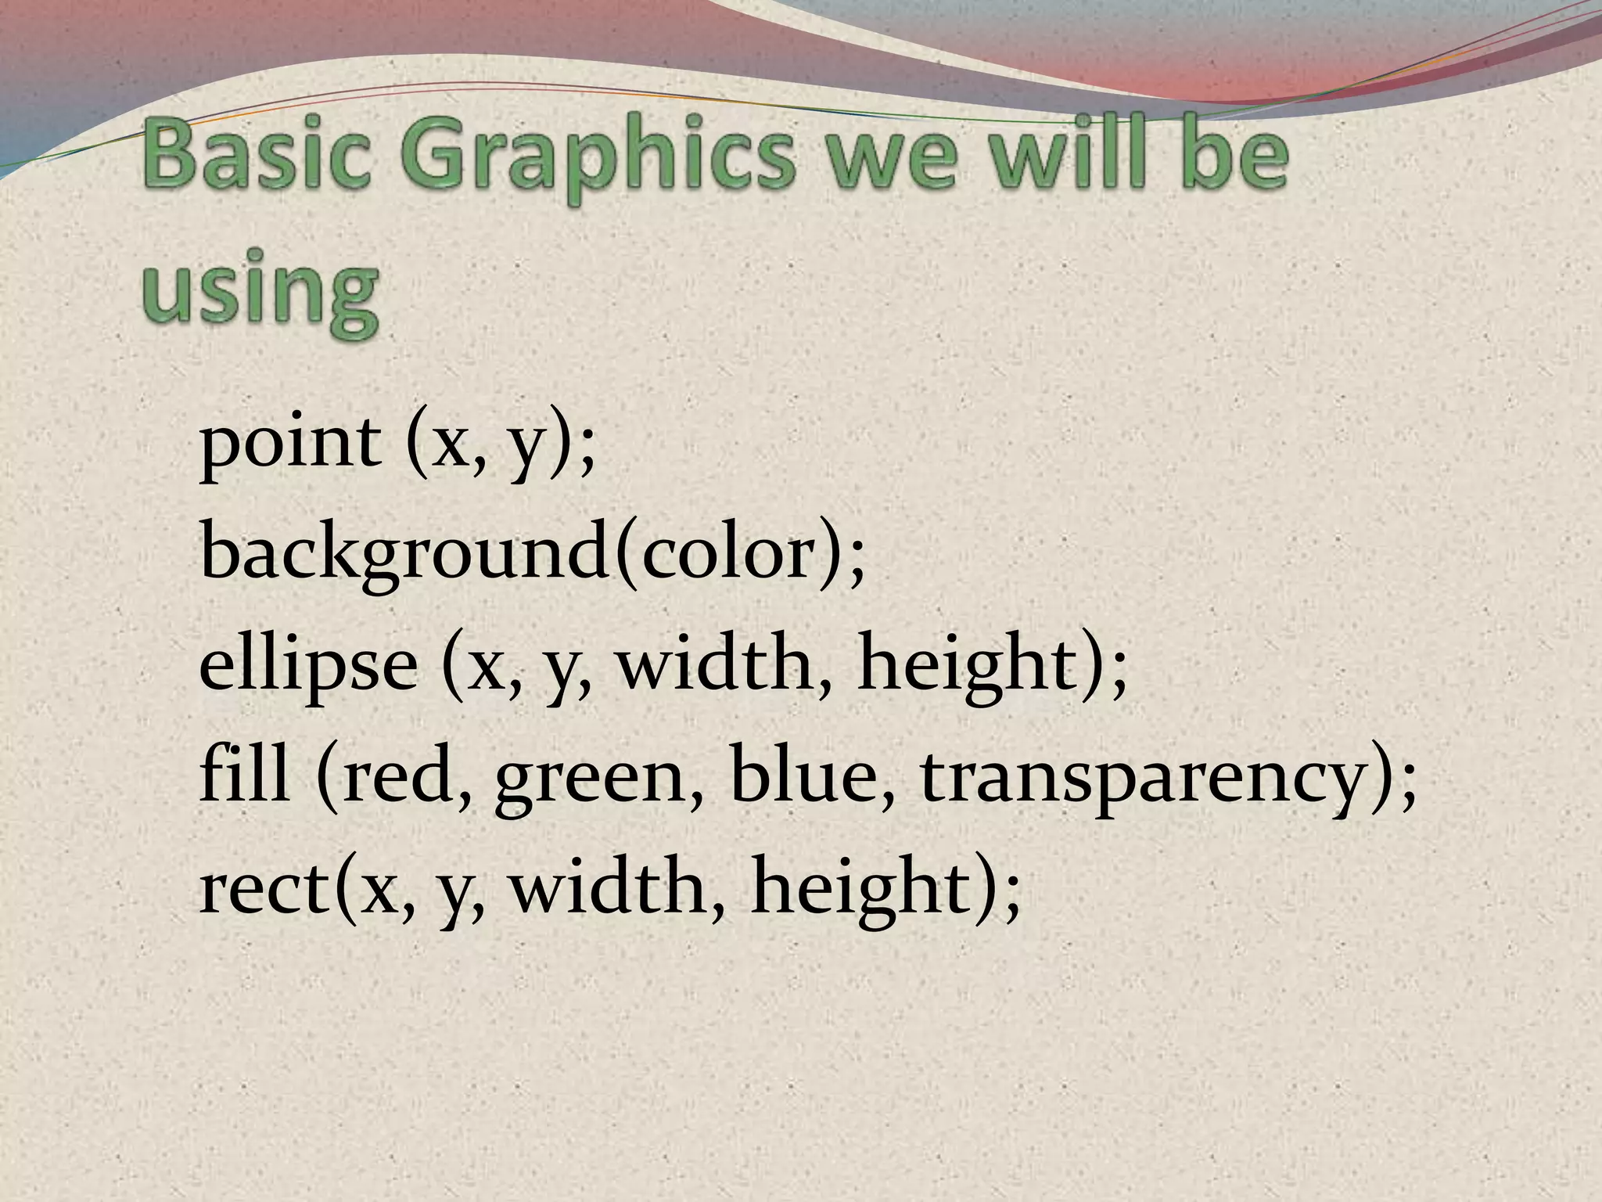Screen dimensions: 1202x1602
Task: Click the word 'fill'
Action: click(243, 775)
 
